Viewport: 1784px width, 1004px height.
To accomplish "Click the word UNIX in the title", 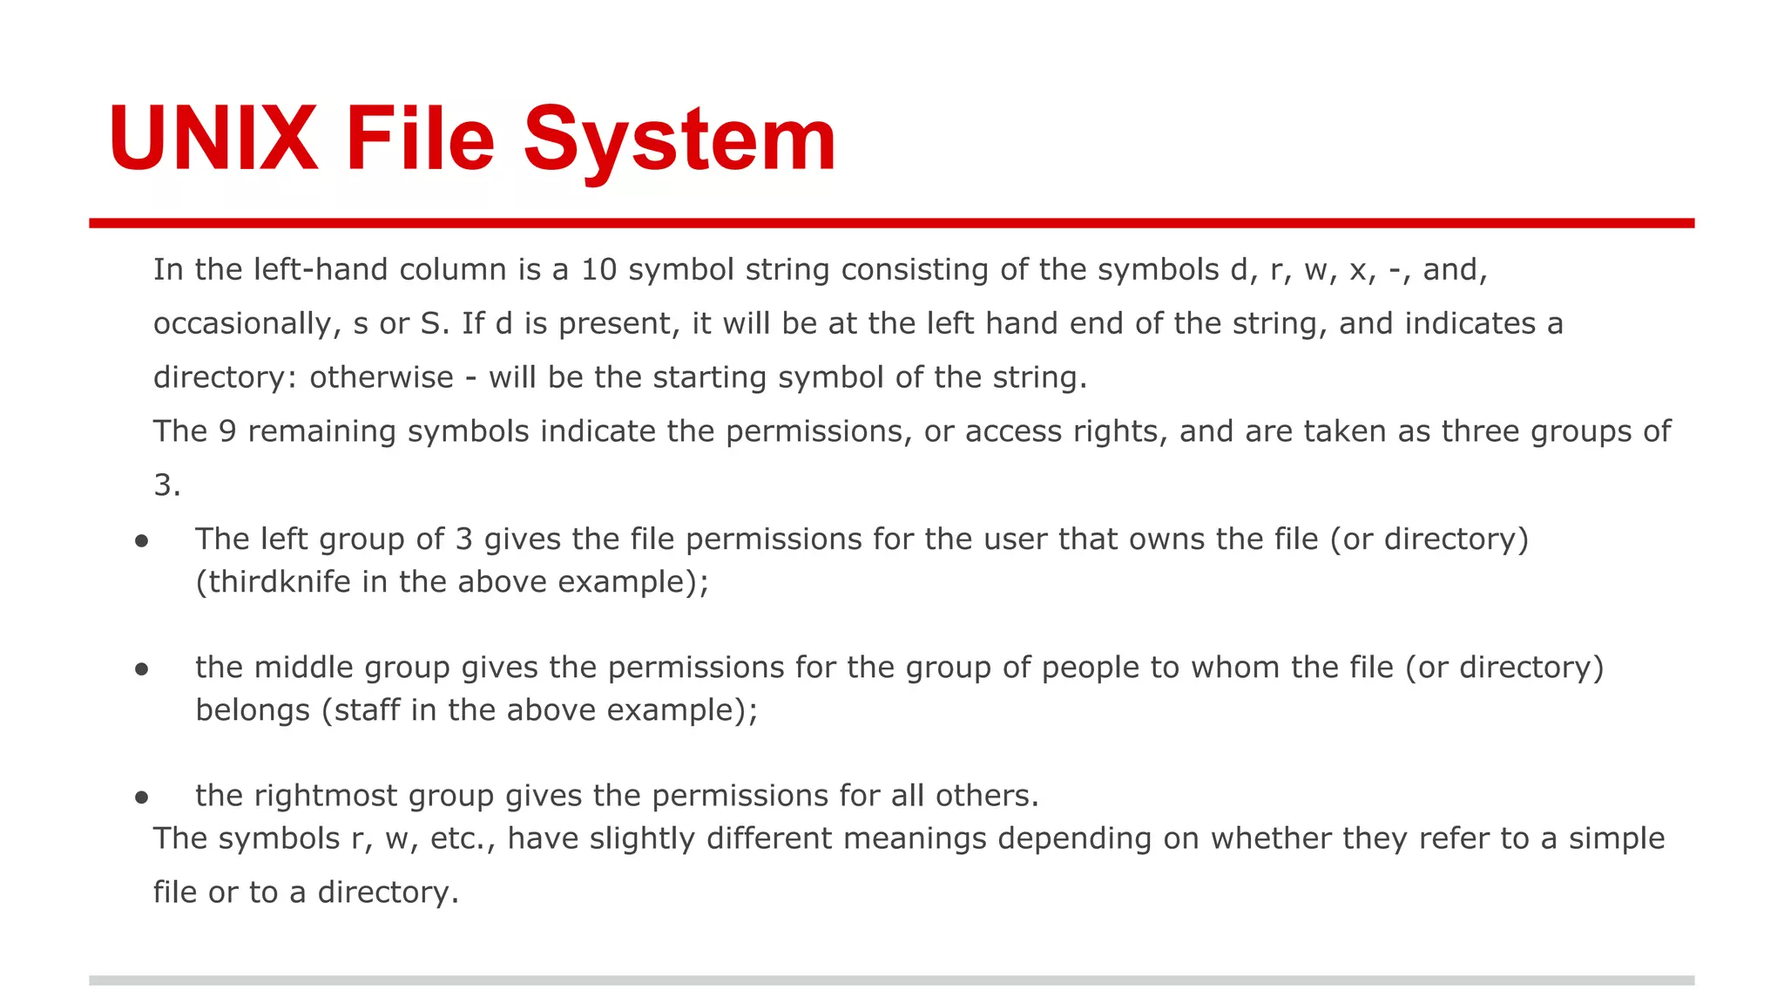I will [x=213, y=139].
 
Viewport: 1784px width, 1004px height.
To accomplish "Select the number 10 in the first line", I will [x=598, y=270].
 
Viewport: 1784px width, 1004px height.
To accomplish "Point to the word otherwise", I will [x=382, y=378].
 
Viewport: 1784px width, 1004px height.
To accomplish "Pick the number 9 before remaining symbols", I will [x=227, y=432].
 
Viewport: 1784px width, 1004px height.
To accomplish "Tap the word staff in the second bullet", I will [x=367, y=710].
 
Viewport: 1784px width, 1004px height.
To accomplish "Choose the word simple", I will [x=1617, y=838].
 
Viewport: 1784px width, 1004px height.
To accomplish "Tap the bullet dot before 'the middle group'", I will [x=142, y=670].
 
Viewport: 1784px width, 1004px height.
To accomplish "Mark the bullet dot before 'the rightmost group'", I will [x=142, y=798].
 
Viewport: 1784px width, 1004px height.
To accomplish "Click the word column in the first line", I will [x=452, y=270].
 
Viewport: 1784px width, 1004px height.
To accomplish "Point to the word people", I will [x=1091, y=668].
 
